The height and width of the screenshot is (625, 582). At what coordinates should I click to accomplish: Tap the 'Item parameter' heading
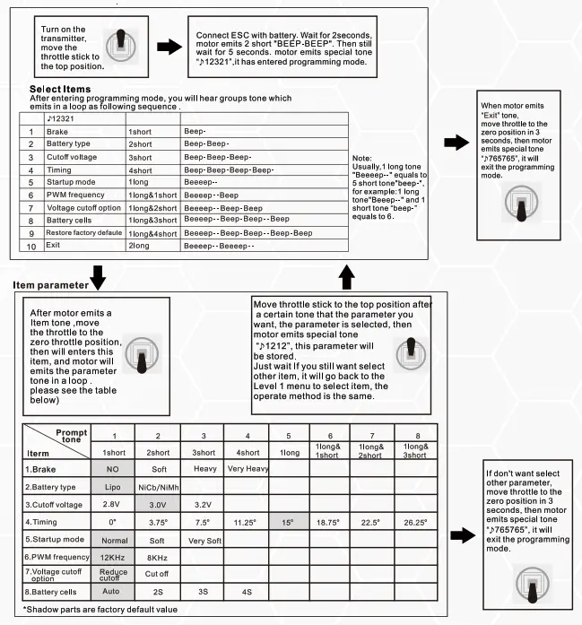[49, 285]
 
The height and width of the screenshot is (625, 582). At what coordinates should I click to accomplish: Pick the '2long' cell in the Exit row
[139, 245]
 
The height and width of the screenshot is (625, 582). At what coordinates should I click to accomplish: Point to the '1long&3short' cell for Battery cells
[152, 220]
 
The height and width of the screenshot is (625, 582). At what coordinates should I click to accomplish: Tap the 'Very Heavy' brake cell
[248, 469]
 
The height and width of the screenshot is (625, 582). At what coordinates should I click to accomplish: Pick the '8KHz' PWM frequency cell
[157, 558]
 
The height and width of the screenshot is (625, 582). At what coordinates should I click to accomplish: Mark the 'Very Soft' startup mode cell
[204, 540]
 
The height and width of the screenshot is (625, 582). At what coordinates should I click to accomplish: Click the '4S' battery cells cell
[248, 593]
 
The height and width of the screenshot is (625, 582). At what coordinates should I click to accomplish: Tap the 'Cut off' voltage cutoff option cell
[157, 574]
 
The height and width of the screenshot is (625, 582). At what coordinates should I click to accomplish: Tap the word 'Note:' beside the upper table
[365, 158]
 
